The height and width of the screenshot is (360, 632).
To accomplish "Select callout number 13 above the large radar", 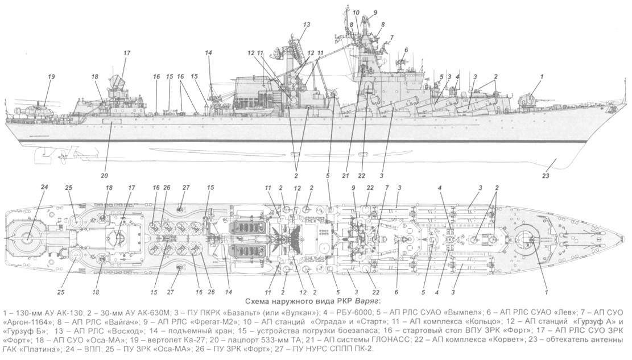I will click(307, 25).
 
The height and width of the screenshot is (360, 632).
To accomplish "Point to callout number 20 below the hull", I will click(104, 175).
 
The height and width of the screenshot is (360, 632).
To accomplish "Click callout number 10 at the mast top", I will click(356, 12).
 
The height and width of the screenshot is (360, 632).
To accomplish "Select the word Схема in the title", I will click(257, 301).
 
